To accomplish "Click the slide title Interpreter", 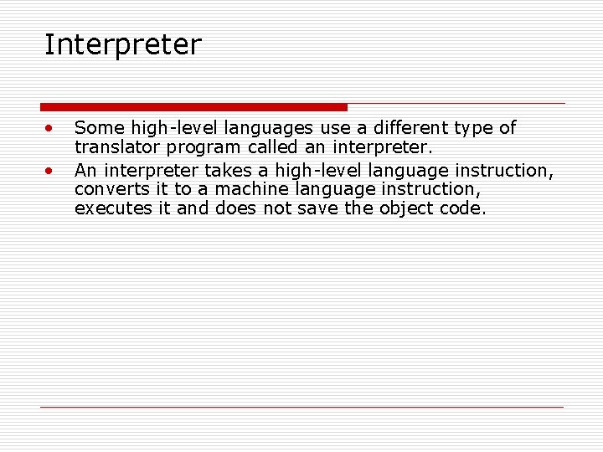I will coord(122,45).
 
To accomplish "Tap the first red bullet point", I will coord(50,129).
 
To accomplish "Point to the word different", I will coord(410,128).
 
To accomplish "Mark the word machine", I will coord(247,190).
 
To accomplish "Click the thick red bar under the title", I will coord(193,107).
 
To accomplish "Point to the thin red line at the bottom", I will coord(301,407).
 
